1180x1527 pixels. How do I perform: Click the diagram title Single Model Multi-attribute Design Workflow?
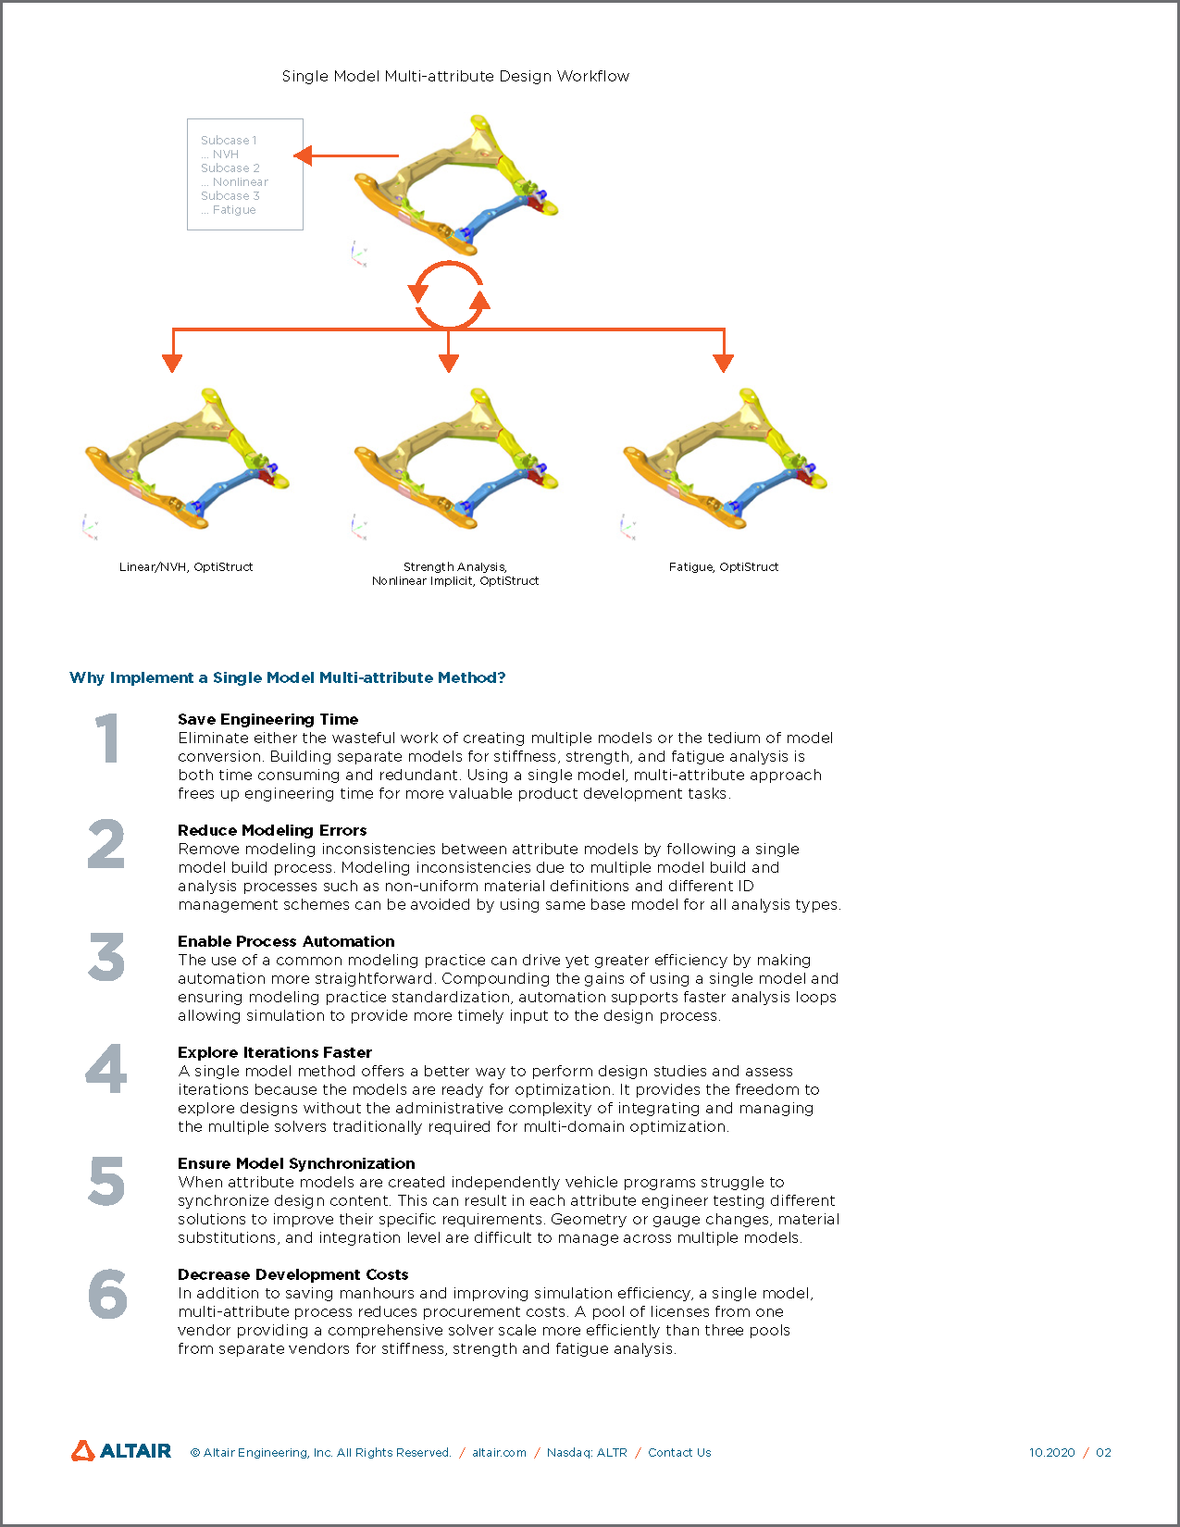(x=455, y=76)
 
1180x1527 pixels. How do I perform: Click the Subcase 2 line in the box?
(x=230, y=168)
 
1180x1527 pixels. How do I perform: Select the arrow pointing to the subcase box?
(x=347, y=155)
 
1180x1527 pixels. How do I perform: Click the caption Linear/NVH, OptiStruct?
(x=186, y=566)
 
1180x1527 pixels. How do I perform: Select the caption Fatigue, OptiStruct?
(x=724, y=566)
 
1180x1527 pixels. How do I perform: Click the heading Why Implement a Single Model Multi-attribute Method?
(x=288, y=677)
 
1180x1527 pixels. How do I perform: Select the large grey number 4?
(x=107, y=1069)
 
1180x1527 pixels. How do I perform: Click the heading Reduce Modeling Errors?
(x=272, y=830)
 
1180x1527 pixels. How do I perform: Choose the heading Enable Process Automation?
(x=286, y=941)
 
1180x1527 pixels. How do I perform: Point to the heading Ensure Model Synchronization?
(x=296, y=1163)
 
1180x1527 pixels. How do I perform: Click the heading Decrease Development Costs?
(x=292, y=1274)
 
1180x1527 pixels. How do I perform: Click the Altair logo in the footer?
(x=121, y=1451)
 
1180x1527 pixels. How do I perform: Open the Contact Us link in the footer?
(x=679, y=1452)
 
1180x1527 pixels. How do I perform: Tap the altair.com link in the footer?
(x=499, y=1452)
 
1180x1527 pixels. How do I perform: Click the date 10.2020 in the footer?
(x=1051, y=1452)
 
